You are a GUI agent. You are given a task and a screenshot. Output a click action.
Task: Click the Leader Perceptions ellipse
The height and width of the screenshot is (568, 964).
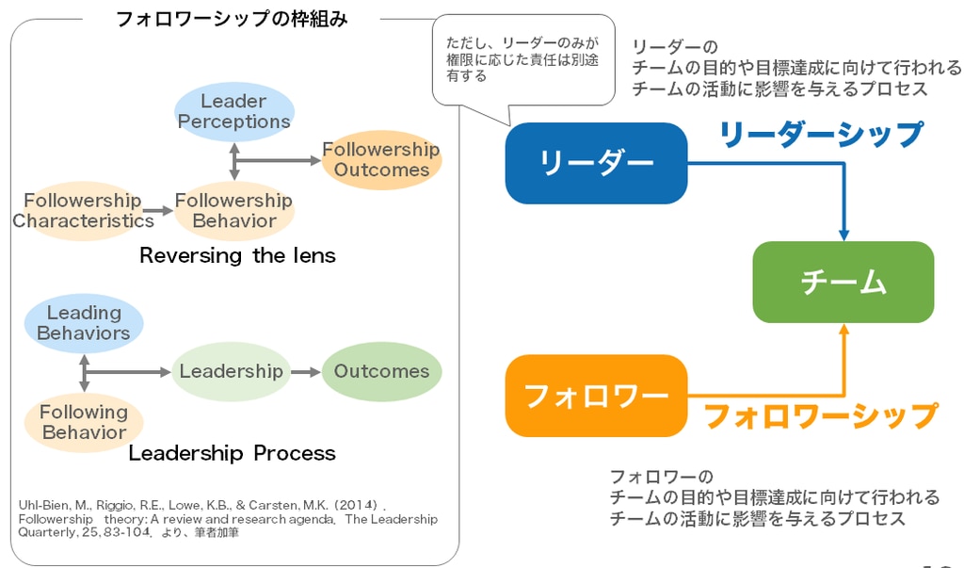coord(234,111)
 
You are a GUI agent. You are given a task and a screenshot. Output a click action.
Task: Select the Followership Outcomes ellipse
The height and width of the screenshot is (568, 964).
coord(381,159)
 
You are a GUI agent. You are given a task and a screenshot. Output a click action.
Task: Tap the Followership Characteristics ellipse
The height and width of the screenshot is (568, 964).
coord(83,210)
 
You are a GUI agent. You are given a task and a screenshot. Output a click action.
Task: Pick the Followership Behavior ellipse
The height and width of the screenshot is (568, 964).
coord(234,210)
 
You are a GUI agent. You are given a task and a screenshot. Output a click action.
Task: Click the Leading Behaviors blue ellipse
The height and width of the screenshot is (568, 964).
coord(83,322)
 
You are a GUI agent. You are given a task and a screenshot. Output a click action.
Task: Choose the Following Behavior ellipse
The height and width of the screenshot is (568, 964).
coord(83,422)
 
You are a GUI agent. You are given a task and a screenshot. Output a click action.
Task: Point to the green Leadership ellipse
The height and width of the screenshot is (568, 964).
coord(231,371)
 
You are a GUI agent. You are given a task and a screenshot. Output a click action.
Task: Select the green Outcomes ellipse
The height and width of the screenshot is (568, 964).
coord(381,371)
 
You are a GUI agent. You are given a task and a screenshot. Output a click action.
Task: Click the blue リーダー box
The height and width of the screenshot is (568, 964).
coord(596,163)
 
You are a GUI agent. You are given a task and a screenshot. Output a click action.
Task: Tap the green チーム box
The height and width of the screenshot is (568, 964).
coord(843,282)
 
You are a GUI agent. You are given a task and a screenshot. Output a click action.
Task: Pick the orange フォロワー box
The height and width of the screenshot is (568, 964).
coord(596,396)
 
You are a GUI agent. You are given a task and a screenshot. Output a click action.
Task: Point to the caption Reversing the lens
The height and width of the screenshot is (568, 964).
coord(237,255)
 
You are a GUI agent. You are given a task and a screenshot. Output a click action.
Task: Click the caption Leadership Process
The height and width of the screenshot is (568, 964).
coord(232,453)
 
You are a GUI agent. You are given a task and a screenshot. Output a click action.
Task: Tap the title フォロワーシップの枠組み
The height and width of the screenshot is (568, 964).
coord(232,19)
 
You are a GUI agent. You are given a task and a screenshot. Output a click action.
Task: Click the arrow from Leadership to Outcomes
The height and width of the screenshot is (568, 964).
coord(306,371)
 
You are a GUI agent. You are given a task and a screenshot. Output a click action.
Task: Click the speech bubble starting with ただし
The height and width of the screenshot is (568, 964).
coord(522,59)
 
